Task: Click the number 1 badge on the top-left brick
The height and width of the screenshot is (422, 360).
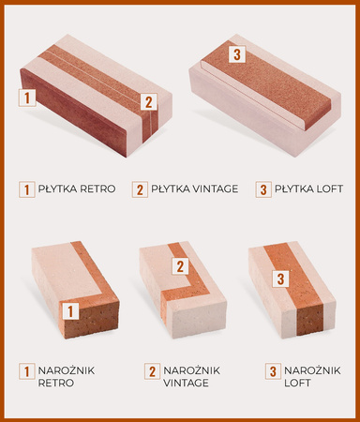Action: point(27,98)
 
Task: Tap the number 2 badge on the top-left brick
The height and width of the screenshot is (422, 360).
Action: point(149,102)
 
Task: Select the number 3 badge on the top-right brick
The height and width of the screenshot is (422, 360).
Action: point(237,54)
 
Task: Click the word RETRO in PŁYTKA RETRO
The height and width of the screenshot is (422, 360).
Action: point(97,188)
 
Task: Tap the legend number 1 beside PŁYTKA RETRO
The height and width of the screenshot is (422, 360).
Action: point(26,189)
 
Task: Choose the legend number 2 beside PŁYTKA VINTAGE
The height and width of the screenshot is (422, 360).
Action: point(140,189)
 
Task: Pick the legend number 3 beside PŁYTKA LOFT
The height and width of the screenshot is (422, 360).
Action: point(263,189)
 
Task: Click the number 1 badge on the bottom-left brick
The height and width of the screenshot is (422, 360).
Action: point(70,310)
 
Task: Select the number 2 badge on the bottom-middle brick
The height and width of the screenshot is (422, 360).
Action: point(180,266)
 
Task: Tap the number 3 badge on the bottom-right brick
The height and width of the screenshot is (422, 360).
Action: point(280,279)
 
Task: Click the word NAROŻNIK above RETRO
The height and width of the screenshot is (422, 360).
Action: point(67,370)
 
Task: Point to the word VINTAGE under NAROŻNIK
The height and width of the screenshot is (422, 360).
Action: point(186,383)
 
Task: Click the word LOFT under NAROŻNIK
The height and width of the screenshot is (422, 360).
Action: point(297,383)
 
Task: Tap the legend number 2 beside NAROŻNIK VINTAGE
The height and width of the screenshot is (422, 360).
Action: point(152,371)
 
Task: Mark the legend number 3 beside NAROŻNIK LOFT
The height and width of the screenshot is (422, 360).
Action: point(273,371)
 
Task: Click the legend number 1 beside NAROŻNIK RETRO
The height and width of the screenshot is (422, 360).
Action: point(26,371)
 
